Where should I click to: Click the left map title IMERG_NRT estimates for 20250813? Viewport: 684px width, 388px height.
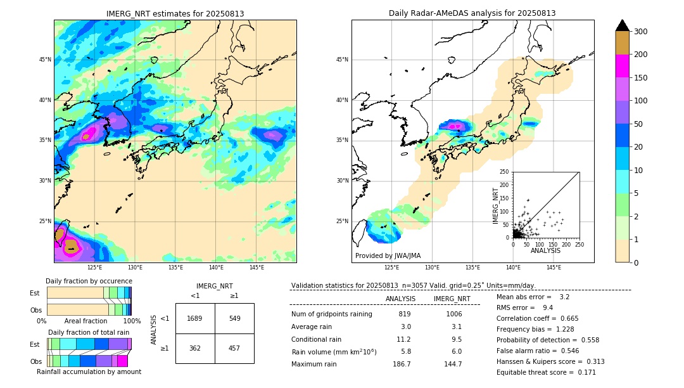click(x=175, y=13)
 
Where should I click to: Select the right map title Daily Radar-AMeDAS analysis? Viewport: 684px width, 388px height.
click(x=472, y=13)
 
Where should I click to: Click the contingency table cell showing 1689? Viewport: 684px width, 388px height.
click(x=195, y=318)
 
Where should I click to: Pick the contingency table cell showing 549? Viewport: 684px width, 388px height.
click(x=234, y=318)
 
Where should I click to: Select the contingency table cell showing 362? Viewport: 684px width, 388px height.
click(x=195, y=348)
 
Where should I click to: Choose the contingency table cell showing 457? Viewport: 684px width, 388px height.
click(x=234, y=348)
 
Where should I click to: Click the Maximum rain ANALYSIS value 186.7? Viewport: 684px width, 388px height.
click(x=402, y=364)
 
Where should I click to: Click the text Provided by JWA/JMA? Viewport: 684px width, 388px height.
click(x=388, y=255)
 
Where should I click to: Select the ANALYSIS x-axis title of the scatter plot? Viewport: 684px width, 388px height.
click(x=545, y=250)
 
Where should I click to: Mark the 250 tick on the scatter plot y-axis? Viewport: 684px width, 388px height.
click(x=505, y=172)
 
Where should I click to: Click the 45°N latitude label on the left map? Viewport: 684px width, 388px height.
click(x=45, y=60)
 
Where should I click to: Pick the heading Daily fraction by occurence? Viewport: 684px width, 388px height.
click(x=89, y=281)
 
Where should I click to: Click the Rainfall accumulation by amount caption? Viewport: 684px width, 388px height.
click(x=89, y=372)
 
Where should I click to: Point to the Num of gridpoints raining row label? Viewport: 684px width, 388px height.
click(x=331, y=314)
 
